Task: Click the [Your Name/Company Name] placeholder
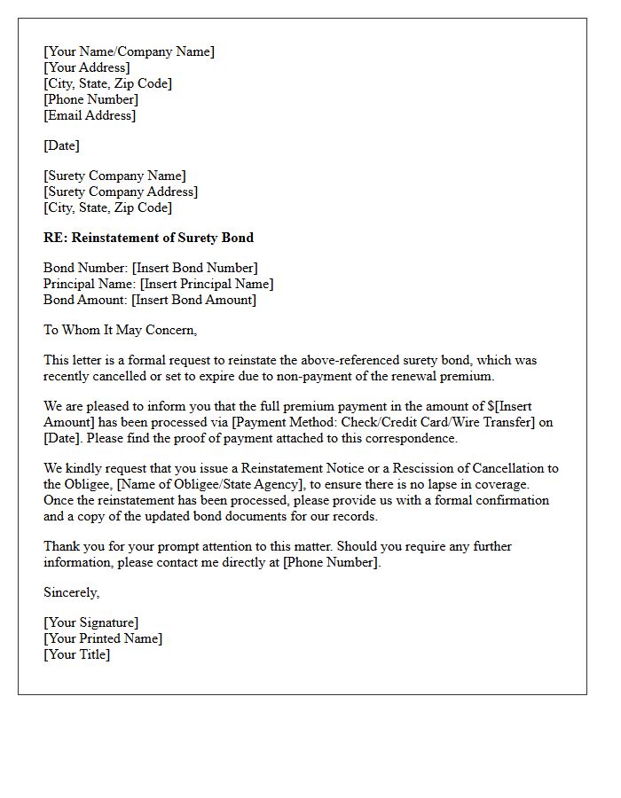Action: [x=129, y=51]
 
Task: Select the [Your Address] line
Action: [x=86, y=67]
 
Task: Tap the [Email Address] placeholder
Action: [x=90, y=115]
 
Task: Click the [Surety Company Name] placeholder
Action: [x=114, y=176]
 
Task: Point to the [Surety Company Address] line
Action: [x=121, y=192]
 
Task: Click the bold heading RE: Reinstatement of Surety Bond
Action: [x=148, y=238]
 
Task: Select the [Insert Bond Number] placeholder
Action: [x=194, y=268]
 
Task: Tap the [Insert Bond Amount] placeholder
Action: [x=193, y=300]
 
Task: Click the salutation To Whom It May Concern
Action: [x=120, y=330]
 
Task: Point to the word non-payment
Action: [x=342, y=376]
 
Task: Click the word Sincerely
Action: [x=71, y=592]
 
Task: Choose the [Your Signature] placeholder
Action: [x=90, y=622]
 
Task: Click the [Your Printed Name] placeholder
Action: [x=103, y=638]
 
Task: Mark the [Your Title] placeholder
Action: [x=76, y=654]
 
